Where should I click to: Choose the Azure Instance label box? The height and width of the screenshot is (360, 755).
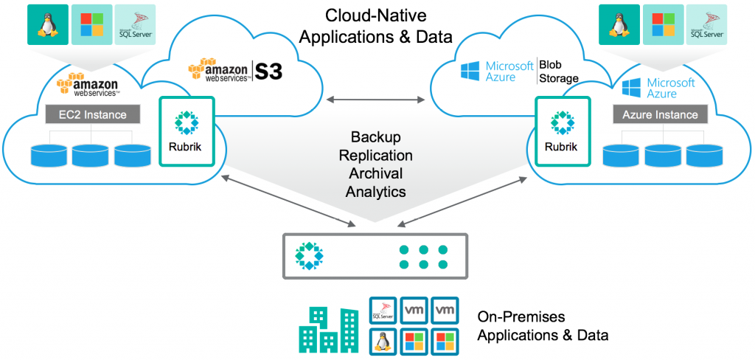click(x=660, y=114)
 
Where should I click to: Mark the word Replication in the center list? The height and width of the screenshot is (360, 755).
click(x=377, y=156)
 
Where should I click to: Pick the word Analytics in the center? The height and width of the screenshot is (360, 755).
click(x=377, y=191)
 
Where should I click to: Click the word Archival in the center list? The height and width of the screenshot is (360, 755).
click(x=377, y=173)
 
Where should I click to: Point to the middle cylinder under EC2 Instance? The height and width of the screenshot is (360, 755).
click(x=93, y=156)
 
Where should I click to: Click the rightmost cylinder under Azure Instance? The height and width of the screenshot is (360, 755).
click(x=702, y=156)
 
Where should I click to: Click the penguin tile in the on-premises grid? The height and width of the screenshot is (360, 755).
click(x=383, y=341)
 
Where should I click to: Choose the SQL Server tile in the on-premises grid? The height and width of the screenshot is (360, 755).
click(x=383, y=310)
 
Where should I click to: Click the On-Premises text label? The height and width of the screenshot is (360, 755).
click(x=521, y=317)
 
